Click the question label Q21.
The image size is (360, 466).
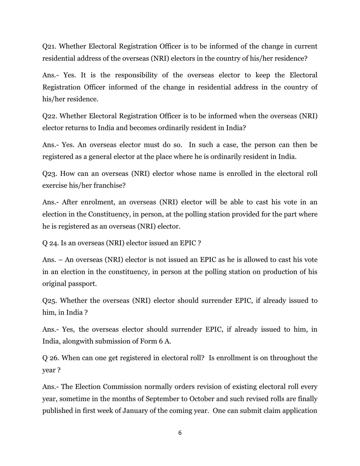pos(49,47)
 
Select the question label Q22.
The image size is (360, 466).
pos(49,116)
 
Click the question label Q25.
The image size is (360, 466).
pos(49,301)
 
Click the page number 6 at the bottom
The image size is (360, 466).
pos(180,433)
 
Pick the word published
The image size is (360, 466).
pos(58,411)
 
